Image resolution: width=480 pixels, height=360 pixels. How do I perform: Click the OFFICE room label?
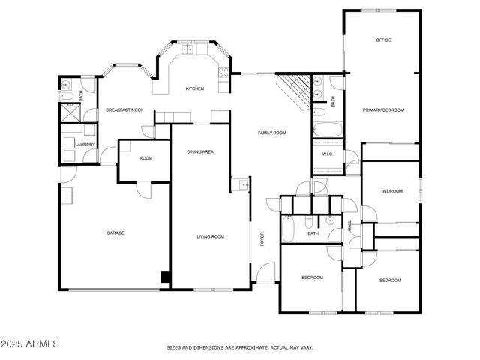point(383,40)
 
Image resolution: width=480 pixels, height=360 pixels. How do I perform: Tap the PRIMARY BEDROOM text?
point(383,110)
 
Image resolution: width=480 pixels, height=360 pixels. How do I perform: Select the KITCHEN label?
point(195,89)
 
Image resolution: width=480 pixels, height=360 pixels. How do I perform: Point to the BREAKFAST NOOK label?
point(124,110)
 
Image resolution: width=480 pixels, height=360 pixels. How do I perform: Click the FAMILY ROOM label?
point(272,133)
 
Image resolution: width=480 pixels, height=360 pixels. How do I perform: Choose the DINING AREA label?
point(201,152)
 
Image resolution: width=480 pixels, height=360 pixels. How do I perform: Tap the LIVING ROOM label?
point(211,236)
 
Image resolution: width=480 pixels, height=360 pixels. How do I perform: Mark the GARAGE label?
point(115,233)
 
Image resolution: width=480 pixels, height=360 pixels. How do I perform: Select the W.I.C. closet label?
point(328,154)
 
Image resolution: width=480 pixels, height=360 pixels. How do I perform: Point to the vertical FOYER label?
point(262,238)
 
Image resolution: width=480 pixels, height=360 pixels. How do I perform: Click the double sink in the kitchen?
point(187,50)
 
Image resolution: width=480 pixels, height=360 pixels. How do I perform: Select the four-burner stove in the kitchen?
point(223,72)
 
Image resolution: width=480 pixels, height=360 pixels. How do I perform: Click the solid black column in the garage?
point(165,277)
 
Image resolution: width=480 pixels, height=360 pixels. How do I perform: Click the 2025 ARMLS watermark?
point(30,343)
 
